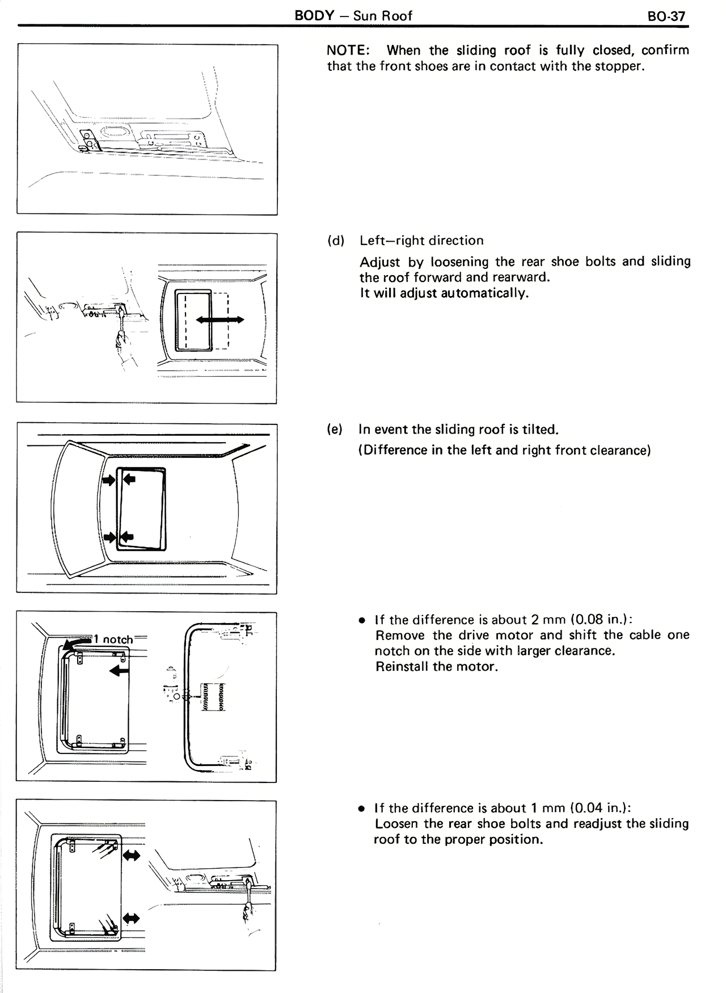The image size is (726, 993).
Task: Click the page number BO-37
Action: pyautogui.click(x=666, y=16)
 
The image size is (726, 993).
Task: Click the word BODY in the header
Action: pyautogui.click(x=315, y=15)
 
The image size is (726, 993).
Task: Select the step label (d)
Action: pyautogui.click(x=336, y=241)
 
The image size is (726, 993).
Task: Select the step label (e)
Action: pyautogui.click(x=335, y=430)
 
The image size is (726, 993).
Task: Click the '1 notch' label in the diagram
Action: pyautogui.click(x=113, y=639)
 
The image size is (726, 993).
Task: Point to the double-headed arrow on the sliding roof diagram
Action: pyautogui.click(x=220, y=320)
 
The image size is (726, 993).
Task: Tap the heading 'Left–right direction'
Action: pyautogui.click(x=421, y=241)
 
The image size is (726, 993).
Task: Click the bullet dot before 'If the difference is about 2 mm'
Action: pyautogui.click(x=361, y=620)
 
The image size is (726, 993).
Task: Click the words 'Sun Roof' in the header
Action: pyautogui.click(x=383, y=16)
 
